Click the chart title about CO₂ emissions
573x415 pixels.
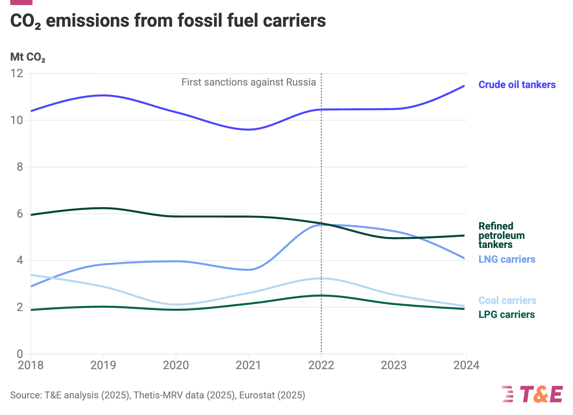pos(168,21)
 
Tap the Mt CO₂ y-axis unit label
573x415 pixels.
pos(28,57)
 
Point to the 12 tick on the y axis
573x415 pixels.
pos(17,74)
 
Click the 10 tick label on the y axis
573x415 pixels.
pos(17,120)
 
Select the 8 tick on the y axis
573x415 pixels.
pos(19,167)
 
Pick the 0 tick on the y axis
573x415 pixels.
pos(19,354)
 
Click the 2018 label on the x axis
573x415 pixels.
pos(31,365)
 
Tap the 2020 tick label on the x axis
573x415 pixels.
pos(176,365)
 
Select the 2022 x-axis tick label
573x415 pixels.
pos(321,365)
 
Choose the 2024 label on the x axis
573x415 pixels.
pos(466,365)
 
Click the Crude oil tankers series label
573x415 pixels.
pos(517,85)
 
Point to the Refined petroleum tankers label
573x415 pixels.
pos(501,235)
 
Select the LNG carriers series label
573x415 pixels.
pos(507,259)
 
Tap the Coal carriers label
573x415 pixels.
pos(507,301)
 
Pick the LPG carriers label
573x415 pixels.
pos(506,315)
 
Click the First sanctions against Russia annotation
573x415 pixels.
pos(249,82)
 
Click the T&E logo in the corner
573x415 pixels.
pos(532,394)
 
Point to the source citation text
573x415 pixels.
pos(158,395)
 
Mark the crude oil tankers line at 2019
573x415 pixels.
pos(104,95)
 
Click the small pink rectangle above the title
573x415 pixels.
pos(21,2)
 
